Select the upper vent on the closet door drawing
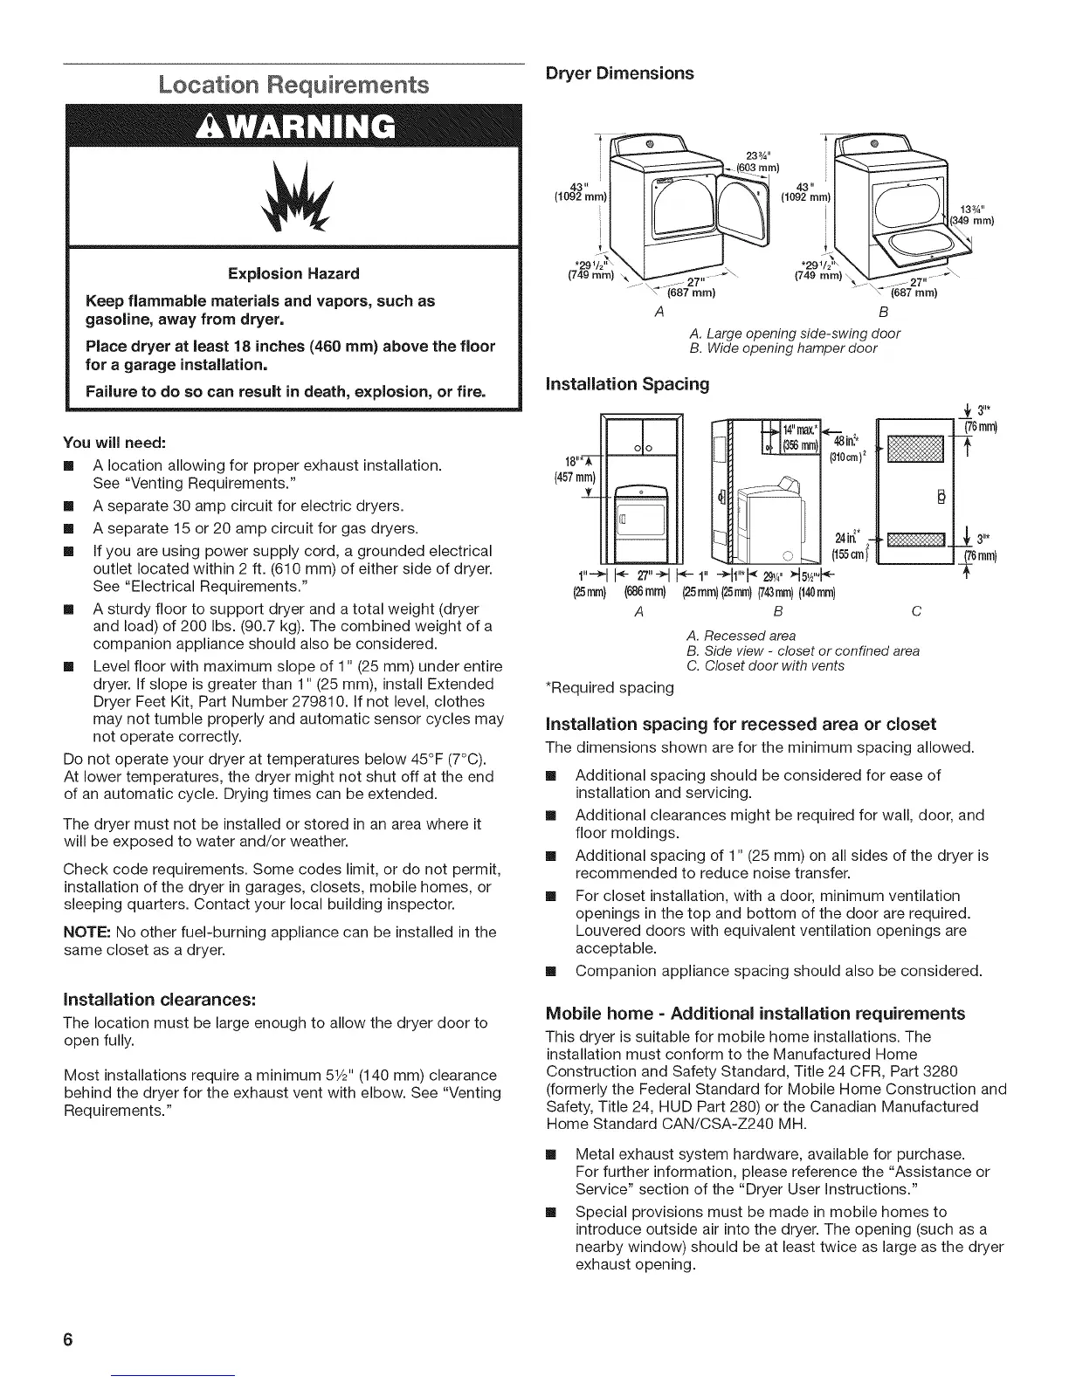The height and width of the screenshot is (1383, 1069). [x=916, y=446]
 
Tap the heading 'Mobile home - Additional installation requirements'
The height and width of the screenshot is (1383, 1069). [x=755, y=1013]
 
